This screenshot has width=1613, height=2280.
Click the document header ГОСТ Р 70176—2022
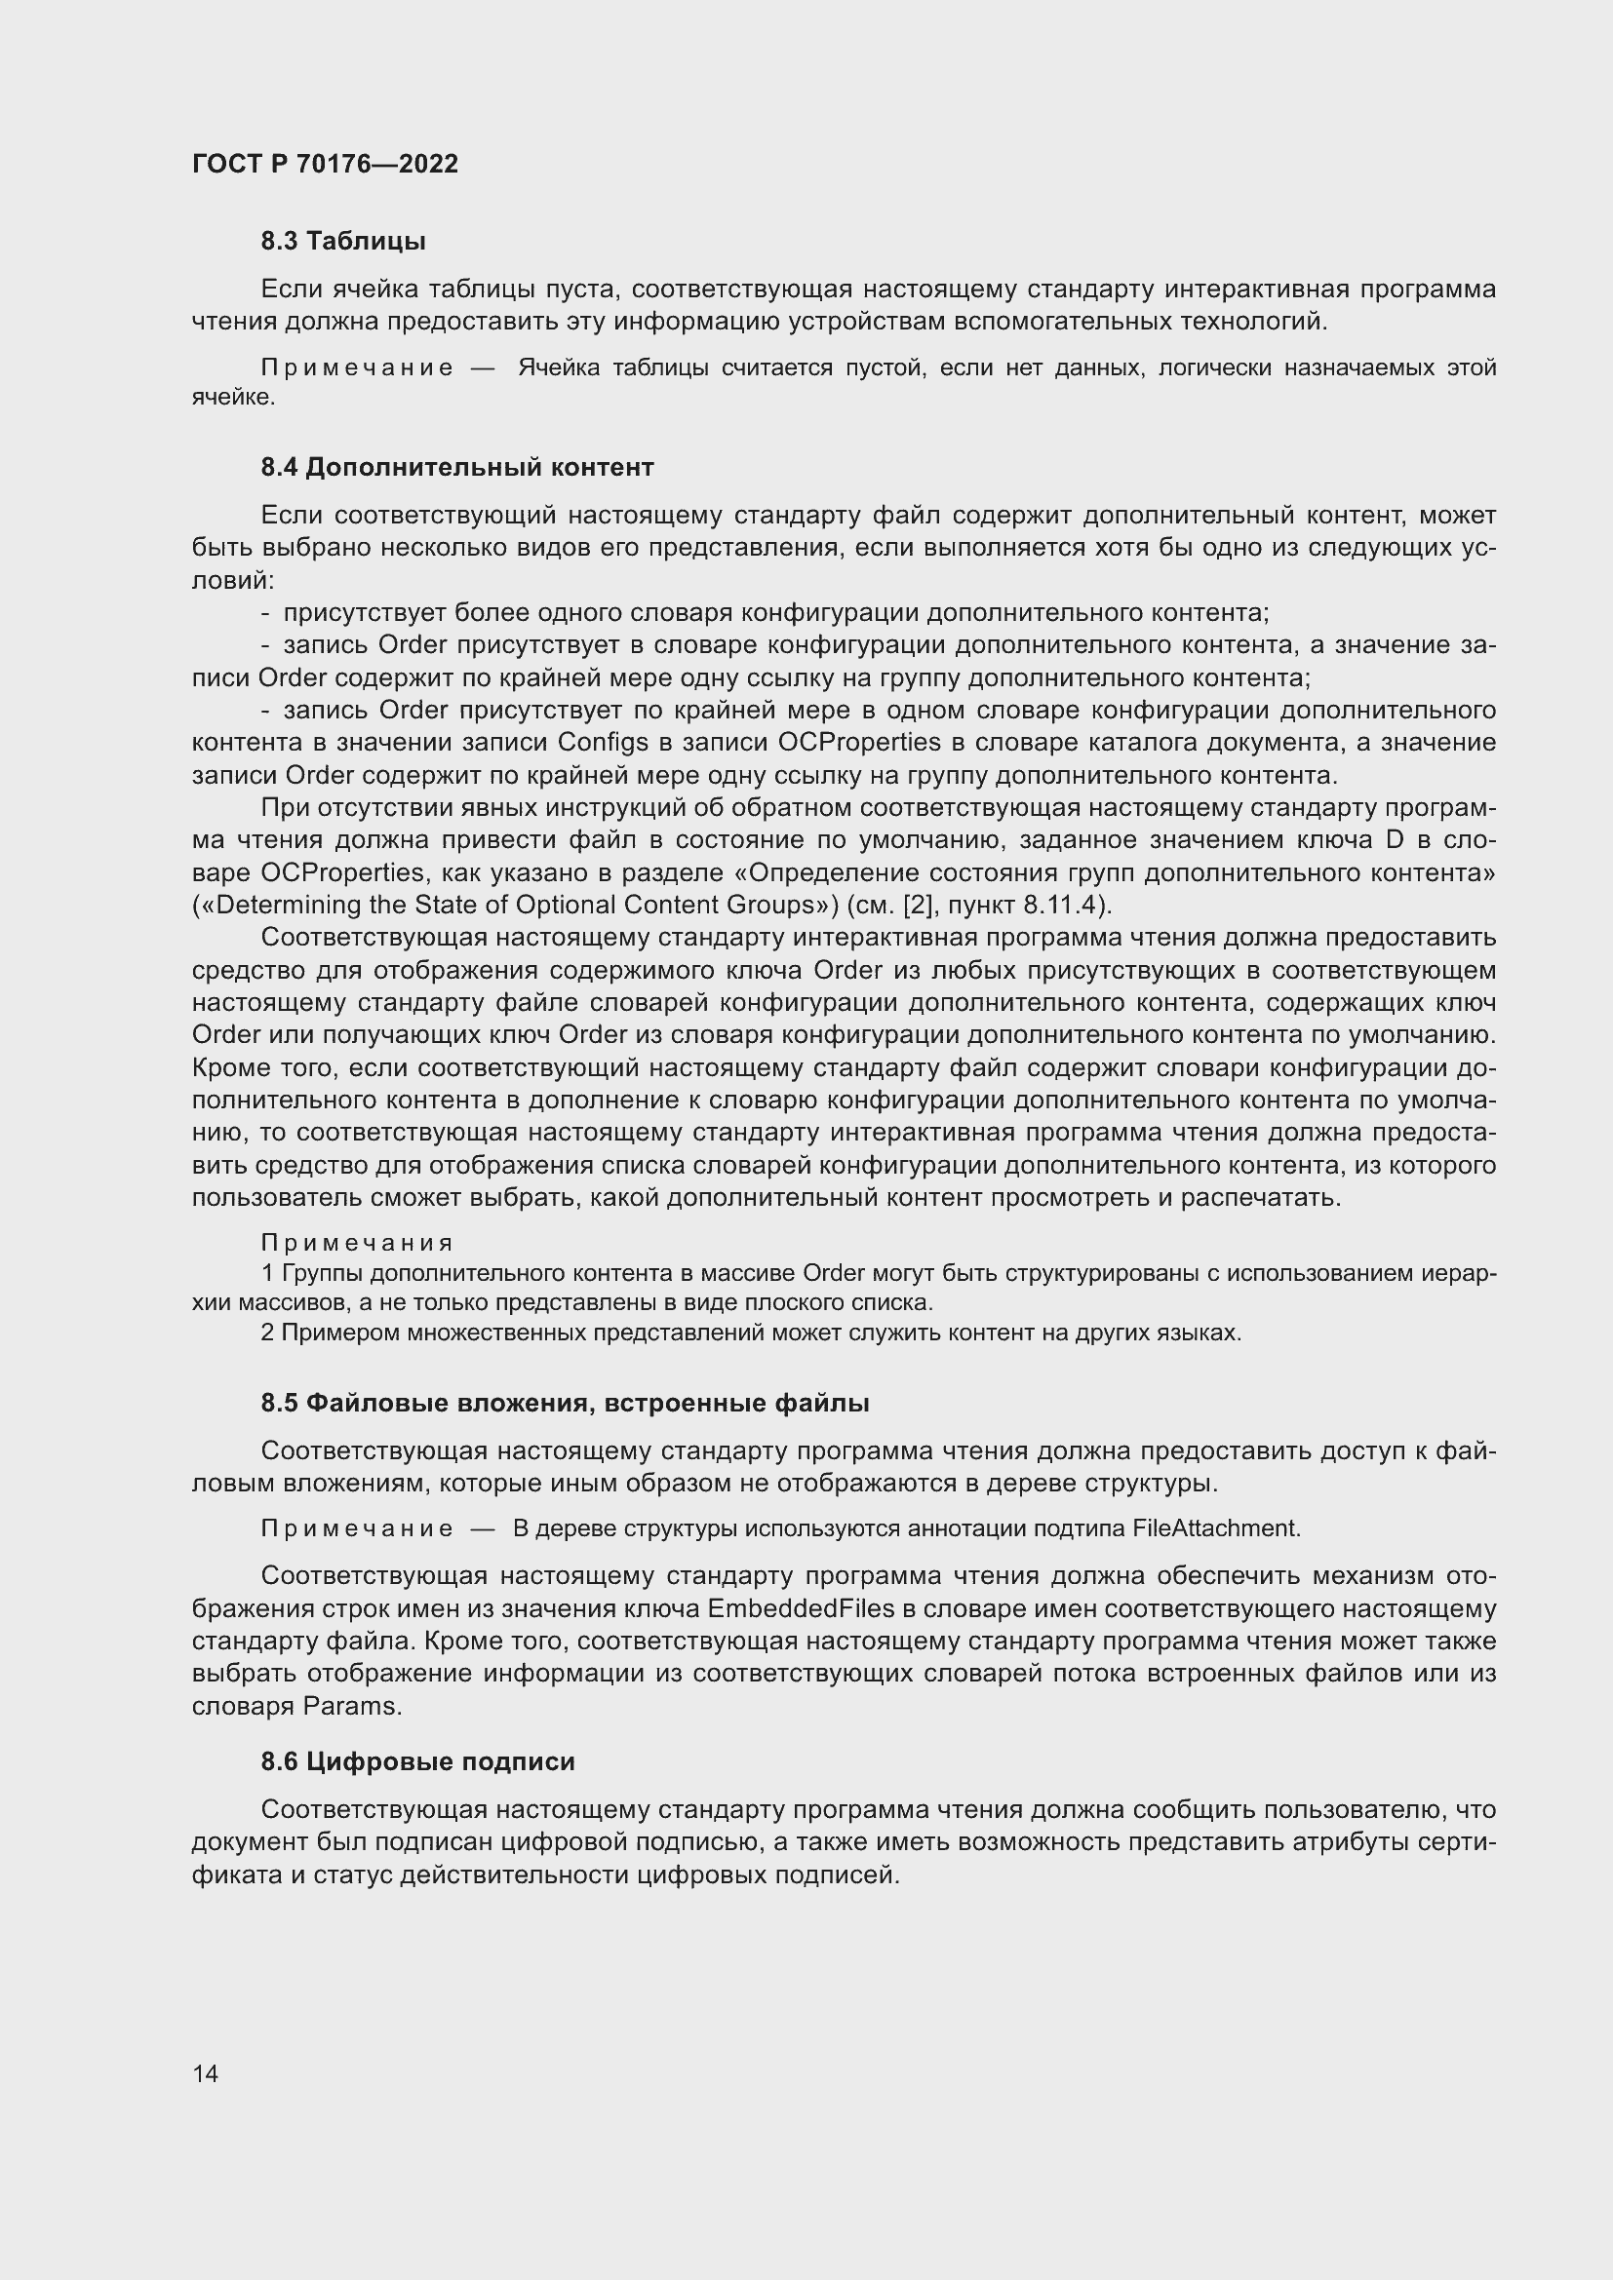(x=325, y=164)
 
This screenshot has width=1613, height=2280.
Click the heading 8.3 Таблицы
(x=342, y=241)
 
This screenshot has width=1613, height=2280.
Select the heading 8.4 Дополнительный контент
(x=456, y=467)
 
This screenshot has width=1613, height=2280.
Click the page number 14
(x=206, y=2073)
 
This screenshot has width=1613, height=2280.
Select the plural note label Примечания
(x=357, y=1242)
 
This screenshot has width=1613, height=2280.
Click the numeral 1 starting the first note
(x=267, y=1273)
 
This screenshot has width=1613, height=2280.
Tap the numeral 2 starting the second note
(x=267, y=1332)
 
